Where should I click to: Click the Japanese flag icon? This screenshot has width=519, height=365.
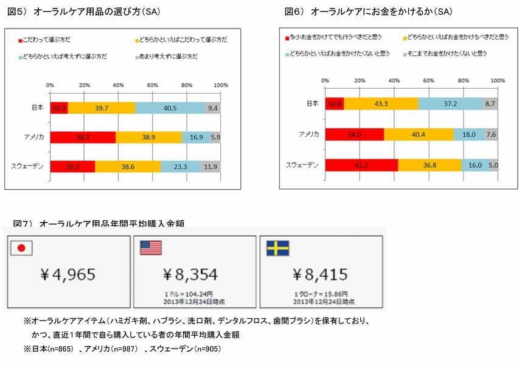click(23, 247)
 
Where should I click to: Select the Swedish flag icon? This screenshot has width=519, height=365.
click(277, 248)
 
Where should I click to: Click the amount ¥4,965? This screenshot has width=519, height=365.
click(67, 274)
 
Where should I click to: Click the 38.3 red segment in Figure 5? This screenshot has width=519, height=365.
click(83, 137)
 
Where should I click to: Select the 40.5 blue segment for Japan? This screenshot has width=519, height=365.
click(170, 108)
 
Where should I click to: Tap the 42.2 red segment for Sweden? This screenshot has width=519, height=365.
click(361, 164)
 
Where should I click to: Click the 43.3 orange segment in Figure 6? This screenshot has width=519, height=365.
click(381, 104)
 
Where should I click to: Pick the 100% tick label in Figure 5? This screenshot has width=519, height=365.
click(220, 85)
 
